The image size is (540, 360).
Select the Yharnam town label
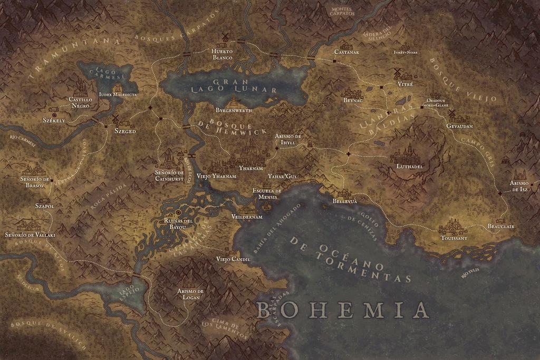250,168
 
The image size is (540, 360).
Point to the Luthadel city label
410,167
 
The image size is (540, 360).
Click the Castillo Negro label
80,102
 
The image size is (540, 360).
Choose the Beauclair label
500,226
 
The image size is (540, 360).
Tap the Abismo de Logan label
190,294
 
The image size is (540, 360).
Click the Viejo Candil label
233,259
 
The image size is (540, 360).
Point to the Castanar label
346,52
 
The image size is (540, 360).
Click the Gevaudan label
459,127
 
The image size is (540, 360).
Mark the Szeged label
125,131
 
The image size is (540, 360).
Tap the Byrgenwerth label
234,111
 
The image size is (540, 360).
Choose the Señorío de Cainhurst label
169,175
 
